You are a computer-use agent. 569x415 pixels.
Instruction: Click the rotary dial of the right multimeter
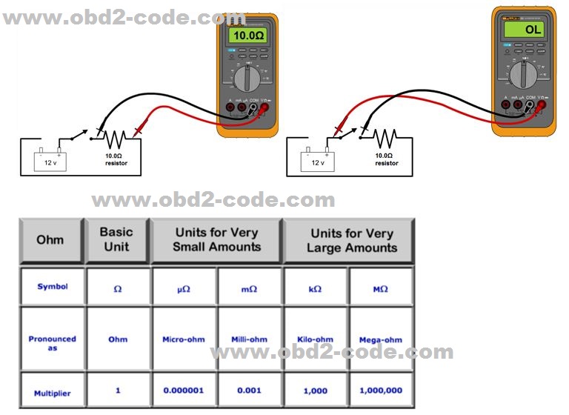pyautogui.click(x=524, y=73)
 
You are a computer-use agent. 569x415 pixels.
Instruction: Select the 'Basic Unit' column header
pyautogui.click(x=117, y=239)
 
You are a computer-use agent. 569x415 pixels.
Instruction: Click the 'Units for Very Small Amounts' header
pyautogui.click(x=216, y=239)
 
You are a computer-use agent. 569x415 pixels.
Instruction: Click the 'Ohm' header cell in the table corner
pyautogui.click(x=50, y=239)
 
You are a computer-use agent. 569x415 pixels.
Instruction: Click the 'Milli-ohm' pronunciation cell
pyautogui.click(x=249, y=339)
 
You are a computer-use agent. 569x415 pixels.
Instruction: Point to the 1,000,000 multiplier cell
pyautogui.click(x=381, y=390)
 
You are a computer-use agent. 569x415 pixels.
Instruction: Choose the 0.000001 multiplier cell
pyautogui.click(x=184, y=390)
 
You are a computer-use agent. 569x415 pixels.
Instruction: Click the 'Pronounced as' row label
pyautogui.click(x=52, y=343)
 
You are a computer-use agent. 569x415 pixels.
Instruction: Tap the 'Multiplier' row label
pyautogui.click(x=52, y=394)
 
